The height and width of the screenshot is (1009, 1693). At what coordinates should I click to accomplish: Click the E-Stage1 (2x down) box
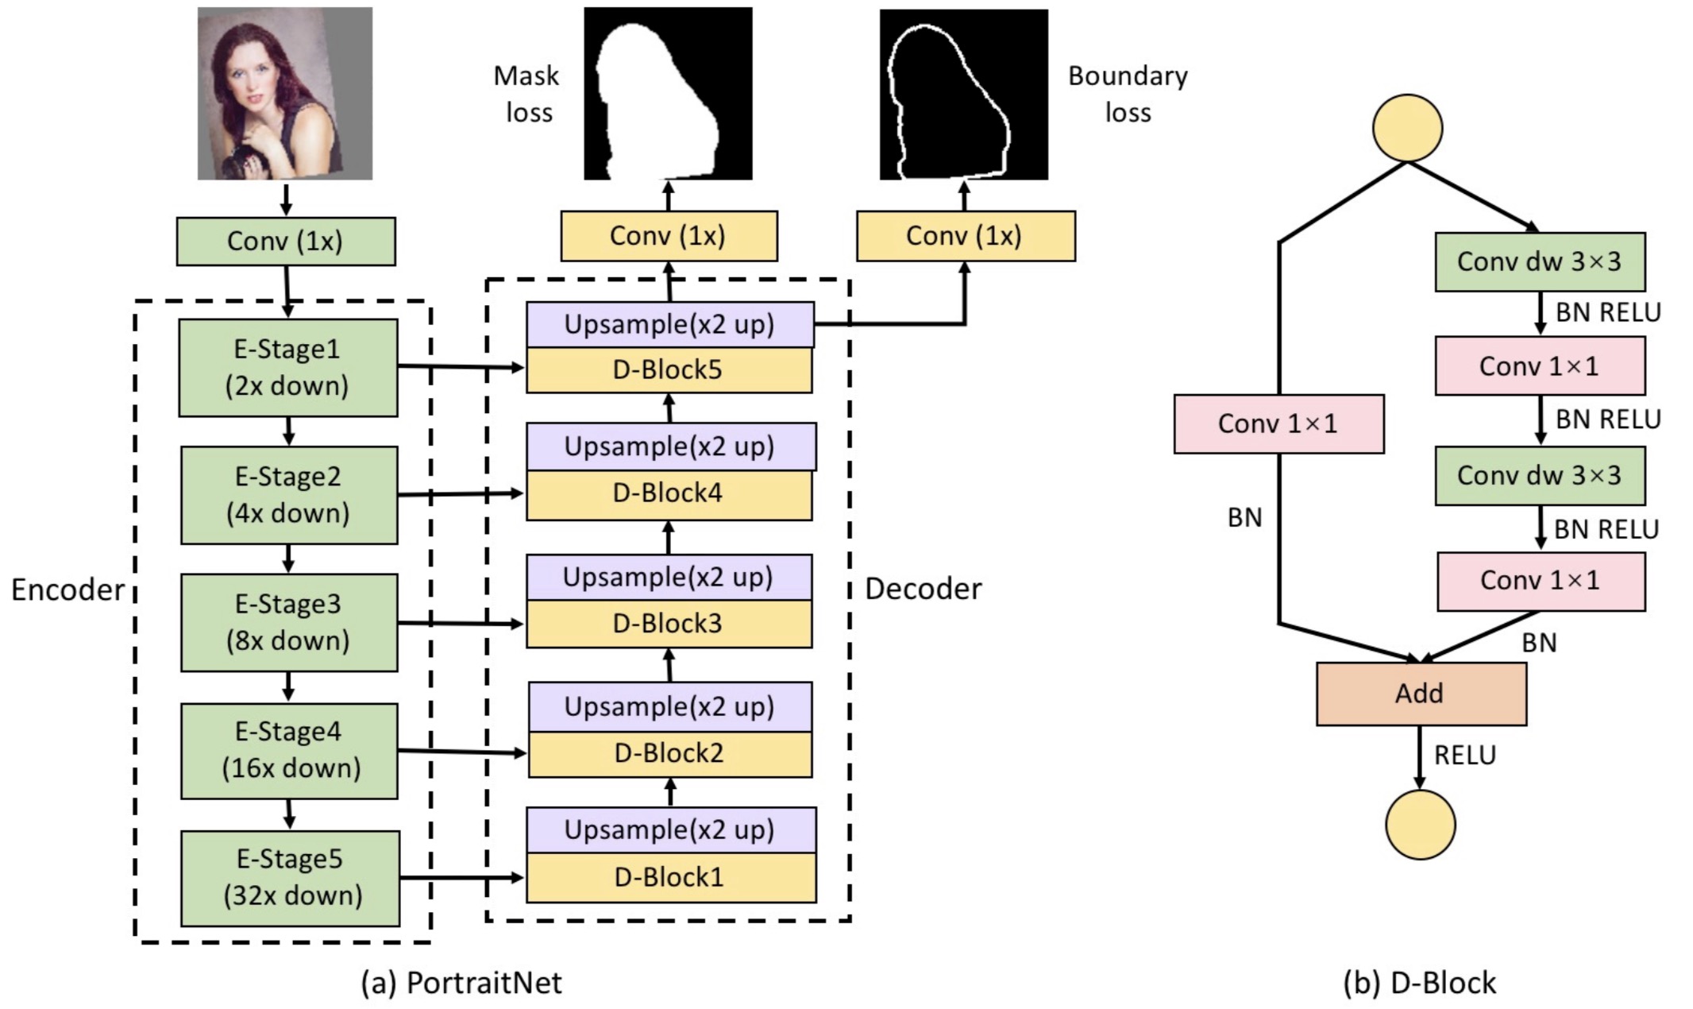tap(287, 367)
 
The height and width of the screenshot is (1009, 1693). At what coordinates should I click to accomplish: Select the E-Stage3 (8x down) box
tap(289, 622)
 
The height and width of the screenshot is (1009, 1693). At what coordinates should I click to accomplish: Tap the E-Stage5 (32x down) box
tap(291, 878)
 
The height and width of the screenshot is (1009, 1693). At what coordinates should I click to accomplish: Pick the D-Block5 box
tap(669, 370)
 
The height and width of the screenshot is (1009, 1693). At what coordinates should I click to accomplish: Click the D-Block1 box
tap(671, 877)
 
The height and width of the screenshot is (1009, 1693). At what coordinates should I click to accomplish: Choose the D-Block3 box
tap(669, 624)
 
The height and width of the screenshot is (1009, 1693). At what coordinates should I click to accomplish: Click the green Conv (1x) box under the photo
tap(286, 241)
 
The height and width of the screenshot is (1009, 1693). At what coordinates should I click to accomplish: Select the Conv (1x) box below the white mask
tap(669, 236)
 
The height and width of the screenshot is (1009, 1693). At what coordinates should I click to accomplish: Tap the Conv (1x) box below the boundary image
tap(965, 236)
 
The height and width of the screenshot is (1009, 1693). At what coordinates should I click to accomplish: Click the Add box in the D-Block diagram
tap(1421, 694)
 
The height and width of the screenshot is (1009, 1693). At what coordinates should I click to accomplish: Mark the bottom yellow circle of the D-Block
tap(1420, 825)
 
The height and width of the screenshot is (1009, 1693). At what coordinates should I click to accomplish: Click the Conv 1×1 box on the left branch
tap(1278, 423)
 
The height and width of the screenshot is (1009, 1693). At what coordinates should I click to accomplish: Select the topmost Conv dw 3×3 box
tap(1539, 261)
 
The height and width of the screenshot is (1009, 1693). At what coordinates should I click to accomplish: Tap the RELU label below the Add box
tap(1464, 755)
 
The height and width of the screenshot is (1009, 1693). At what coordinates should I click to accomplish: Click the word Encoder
tap(67, 590)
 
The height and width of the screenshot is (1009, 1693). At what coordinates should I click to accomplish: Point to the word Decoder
tap(923, 589)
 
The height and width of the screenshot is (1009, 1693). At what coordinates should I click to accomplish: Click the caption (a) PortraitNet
tap(461, 983)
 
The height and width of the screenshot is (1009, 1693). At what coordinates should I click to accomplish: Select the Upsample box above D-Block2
tap(669, 706)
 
